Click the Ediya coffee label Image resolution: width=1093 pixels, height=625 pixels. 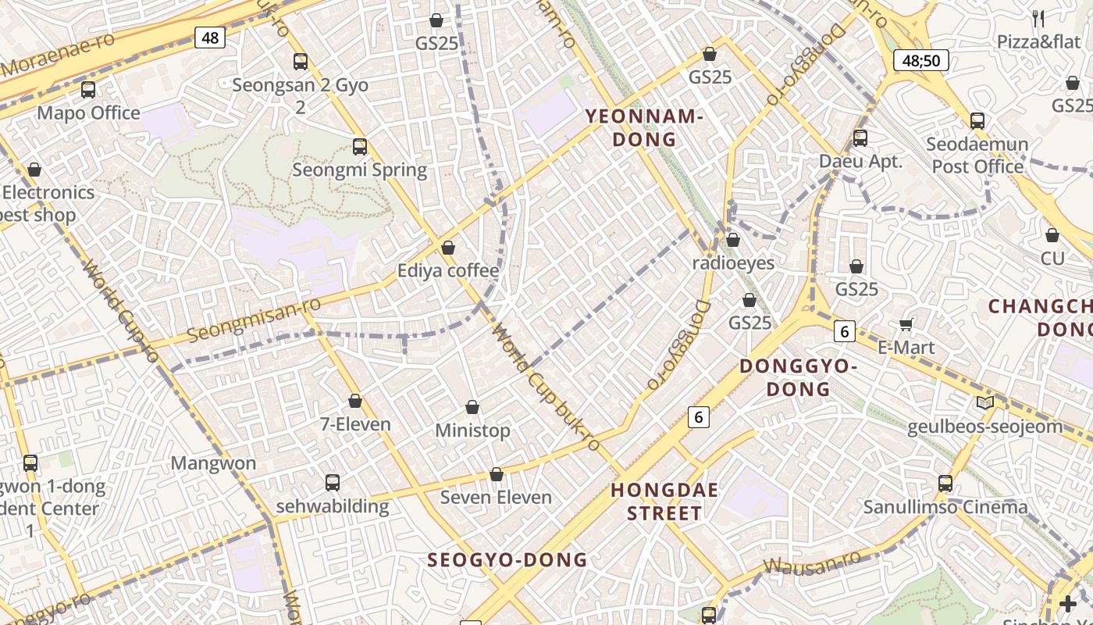(x=448, y=271)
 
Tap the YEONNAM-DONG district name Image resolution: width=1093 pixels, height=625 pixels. (x=644, y=128)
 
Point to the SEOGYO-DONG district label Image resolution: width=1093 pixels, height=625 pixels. (x=507, y=559)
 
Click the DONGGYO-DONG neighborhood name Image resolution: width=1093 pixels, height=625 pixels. (x=798, y=377)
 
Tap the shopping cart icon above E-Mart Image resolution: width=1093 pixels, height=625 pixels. (x=906, y=323)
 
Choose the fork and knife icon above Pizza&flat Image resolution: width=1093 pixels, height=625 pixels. (x=1038, y=18)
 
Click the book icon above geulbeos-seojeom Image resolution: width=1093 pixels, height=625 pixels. (x=985, y=402)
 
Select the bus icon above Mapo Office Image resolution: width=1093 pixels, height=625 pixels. (x=88, y=90)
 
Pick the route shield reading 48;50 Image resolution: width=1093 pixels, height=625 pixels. (x=920, y=60)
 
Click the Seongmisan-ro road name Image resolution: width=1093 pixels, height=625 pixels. (x=255, y=320)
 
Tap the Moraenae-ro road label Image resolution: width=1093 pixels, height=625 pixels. (x=59, y=55)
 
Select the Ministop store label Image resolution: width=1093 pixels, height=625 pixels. (x=472, y=430)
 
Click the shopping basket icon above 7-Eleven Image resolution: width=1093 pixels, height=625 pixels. (x=355, y=401)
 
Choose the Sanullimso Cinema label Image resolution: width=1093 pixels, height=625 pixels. (x=945, y=507)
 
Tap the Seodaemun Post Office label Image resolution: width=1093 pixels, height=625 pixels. (x=977, y=155)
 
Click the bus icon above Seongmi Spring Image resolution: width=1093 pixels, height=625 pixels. (x=360, y=146)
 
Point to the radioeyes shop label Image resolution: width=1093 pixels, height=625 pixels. (x=733, y=263)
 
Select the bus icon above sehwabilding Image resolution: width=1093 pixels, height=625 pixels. (x=333, y=482)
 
